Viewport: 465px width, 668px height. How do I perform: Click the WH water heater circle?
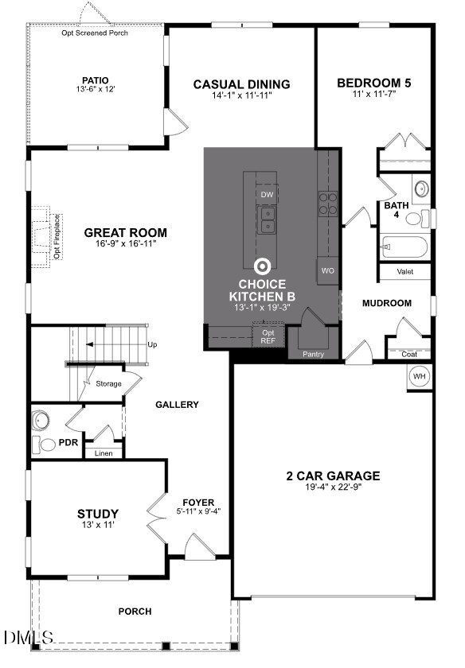[420, 375]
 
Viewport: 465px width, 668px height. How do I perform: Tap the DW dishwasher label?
[267, 194]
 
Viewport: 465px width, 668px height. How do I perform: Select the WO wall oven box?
[327, 270]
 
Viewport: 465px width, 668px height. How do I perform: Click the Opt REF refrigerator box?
[268, 336]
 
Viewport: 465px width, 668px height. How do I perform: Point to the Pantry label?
[313, 354]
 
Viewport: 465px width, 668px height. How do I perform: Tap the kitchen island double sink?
[267, 219]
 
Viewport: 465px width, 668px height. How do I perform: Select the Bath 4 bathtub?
[404, 247]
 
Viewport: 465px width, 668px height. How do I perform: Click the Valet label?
[405, 272]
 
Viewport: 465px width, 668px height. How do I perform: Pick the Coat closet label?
[408, 354]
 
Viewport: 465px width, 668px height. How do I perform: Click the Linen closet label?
[104, 453]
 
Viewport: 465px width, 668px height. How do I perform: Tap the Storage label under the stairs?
[108, 383]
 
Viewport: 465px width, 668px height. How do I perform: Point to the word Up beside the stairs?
[153, 344]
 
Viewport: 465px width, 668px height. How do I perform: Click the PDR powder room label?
[68, 442]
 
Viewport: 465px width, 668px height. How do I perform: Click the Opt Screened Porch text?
[95, 33]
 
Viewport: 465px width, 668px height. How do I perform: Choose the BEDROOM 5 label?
[374, 83]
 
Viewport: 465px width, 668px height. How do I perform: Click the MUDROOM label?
[386, 303]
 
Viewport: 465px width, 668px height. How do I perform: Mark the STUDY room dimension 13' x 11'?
[98, 526]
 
